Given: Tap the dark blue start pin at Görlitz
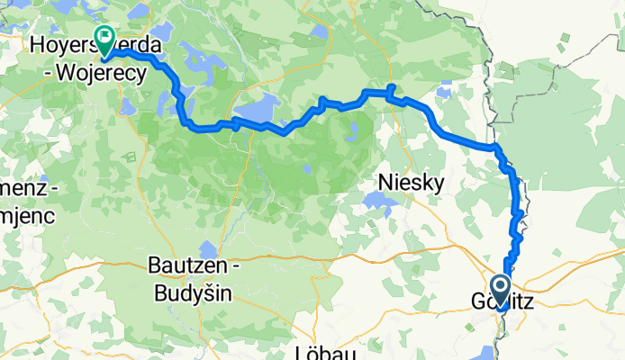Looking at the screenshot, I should [x=503, y=287].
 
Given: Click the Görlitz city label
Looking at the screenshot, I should [x=502, y=303].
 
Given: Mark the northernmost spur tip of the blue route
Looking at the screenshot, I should [x=391, y=85].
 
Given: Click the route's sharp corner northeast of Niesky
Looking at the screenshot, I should [x=495, y=147].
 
